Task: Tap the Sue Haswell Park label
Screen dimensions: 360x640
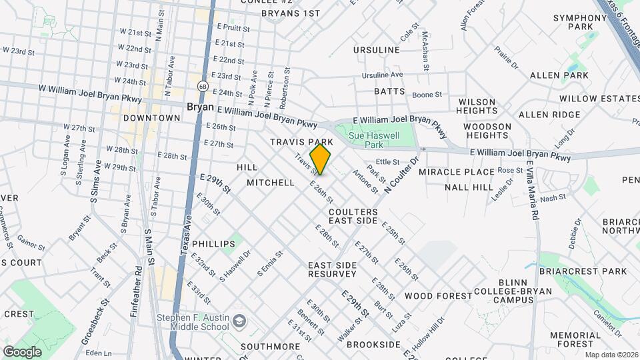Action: pyautogui.click(x=376, y=139)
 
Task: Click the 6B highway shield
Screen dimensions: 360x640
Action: pyautogui.click(x=202, y=85)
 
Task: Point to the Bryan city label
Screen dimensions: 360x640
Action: pyautogui.click(x=200, y=107)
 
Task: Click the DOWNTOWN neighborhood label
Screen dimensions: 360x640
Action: pyautogui.click(x=152, y=118)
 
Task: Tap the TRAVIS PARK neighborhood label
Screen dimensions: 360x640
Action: pyautogui.click(x=301, y=142)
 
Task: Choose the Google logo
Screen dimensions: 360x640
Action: pyautogui.click(x=22, y=351)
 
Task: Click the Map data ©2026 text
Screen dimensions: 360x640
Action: pyautogui.click(x=611, y=355)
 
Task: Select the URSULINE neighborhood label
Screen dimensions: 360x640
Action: pyautogui.click(x=377, y=50)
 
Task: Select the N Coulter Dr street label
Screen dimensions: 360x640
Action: pyautogui.click(x=400, y=175)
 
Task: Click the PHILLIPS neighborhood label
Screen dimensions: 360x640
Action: pyautogui.click(x=213, y=244)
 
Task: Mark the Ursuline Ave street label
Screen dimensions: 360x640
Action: pyautogui.click(x=383, y=75)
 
